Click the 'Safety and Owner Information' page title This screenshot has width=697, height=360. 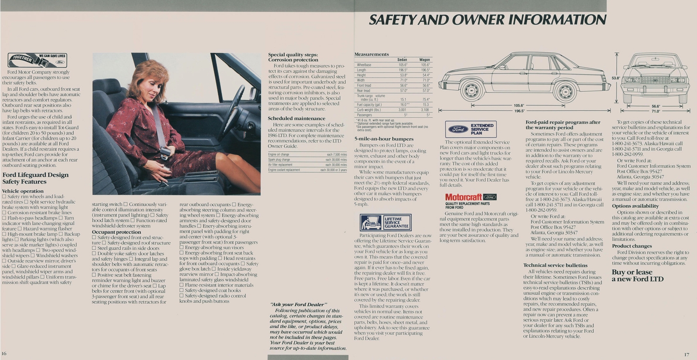(487, 20)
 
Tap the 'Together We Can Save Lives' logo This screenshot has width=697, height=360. (37, 60)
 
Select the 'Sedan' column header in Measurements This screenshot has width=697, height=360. (402, 60)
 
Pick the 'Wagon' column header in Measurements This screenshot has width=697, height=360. (424, 60)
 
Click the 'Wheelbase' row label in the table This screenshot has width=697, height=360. (364, 65)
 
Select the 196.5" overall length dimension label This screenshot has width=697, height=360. (519, 111)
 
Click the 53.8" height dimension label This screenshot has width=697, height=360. (615, 78)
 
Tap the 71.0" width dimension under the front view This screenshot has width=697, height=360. (656, 111)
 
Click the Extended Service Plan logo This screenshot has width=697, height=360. (470, 129)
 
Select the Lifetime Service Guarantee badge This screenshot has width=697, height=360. (385, 223)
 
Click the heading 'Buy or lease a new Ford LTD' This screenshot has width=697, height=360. (637, 275)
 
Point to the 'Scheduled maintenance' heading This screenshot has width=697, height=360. (296, 118)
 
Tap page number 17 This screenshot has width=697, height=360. (687, 354)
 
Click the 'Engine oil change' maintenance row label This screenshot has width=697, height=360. (279, 155)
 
